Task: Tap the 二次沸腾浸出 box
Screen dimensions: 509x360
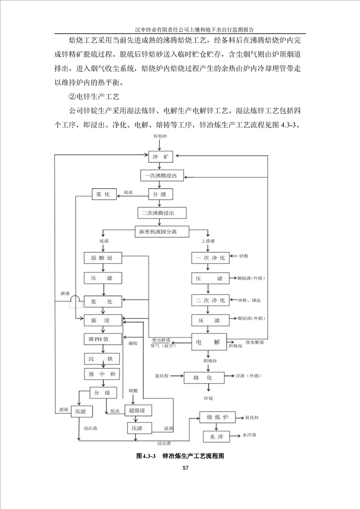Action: (x=162, y=212)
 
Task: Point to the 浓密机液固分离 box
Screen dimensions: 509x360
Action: (x=162, y=231)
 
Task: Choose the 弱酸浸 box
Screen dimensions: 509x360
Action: (x=104, y=258)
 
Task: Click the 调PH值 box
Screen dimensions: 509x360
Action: (x=103, y=339)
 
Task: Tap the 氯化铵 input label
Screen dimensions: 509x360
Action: (x=162, y=376)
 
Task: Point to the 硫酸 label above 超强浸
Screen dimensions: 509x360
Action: (x=133, y=390)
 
